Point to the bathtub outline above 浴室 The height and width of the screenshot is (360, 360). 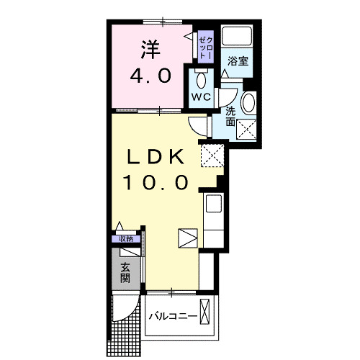point(238,37)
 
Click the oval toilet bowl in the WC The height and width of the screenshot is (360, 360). point(202,78)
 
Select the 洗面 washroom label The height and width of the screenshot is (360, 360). point(230,117)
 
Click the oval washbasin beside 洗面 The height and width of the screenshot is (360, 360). point(248,103)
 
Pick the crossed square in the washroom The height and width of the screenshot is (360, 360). point(248,130)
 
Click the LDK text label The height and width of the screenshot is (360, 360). point(158,157)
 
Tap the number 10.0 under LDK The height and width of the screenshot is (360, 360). point(158,182)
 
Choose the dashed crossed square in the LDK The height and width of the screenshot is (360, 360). point(211,153)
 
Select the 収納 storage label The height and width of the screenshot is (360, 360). point(126,239)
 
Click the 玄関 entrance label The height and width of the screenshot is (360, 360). point(126,274)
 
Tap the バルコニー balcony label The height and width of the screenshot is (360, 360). point(173,316)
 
